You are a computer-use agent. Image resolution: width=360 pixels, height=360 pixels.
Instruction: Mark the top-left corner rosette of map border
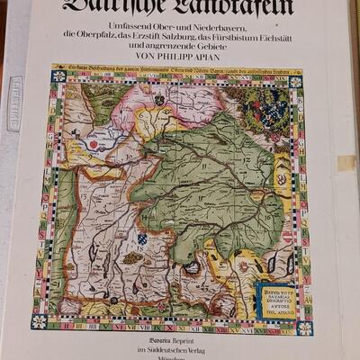(x=59, y=76)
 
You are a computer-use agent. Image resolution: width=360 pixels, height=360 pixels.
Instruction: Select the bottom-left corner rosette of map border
(x=39, y=320)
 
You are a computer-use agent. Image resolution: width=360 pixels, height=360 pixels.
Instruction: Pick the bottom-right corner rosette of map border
(x=306, y=328)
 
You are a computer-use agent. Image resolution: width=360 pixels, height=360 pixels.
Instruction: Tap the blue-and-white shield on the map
(x=142, y=240)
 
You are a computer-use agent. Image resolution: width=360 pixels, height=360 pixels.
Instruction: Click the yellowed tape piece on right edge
(x=346, y=163)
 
